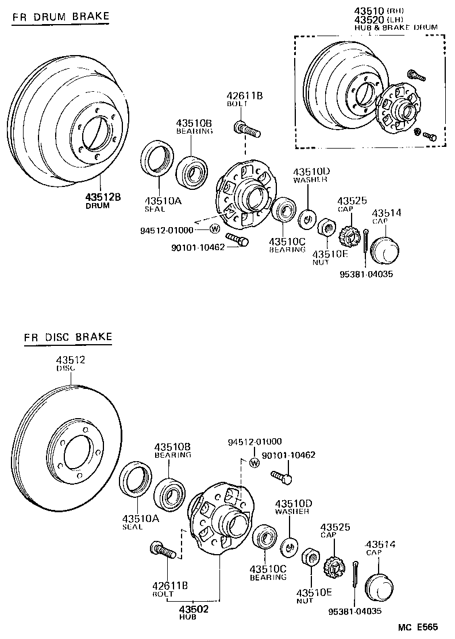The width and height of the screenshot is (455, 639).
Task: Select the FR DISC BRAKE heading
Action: (68, 337)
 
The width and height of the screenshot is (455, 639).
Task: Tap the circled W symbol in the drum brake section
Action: (215, 229)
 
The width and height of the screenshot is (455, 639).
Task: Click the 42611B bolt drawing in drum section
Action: (248, 129)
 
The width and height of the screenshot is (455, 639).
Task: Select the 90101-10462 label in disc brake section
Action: (288, 455)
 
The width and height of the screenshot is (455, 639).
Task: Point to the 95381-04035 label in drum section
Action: (366, 274)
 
